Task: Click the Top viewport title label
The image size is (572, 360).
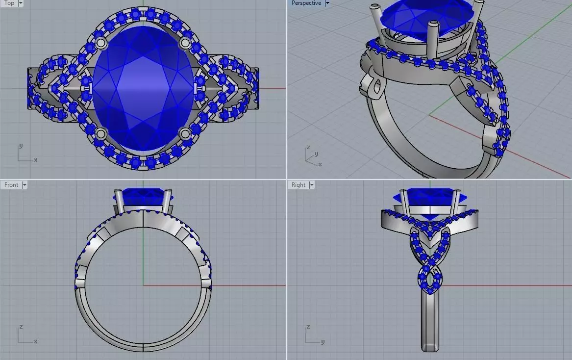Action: (x=9, y=3)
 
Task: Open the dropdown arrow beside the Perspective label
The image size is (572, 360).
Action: (x=327, y=3)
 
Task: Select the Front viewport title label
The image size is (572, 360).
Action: (x=11, y=185)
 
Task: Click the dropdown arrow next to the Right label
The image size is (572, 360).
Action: (x=311, y=185)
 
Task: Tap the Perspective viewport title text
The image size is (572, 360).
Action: (x=306, y=3)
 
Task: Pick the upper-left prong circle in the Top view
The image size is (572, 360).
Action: (x=101, y=43)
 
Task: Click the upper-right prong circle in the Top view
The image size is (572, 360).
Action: (x=185, y=43)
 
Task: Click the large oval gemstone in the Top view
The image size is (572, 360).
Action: (x=143, y=88)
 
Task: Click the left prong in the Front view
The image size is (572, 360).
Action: (x=118, y=201)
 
